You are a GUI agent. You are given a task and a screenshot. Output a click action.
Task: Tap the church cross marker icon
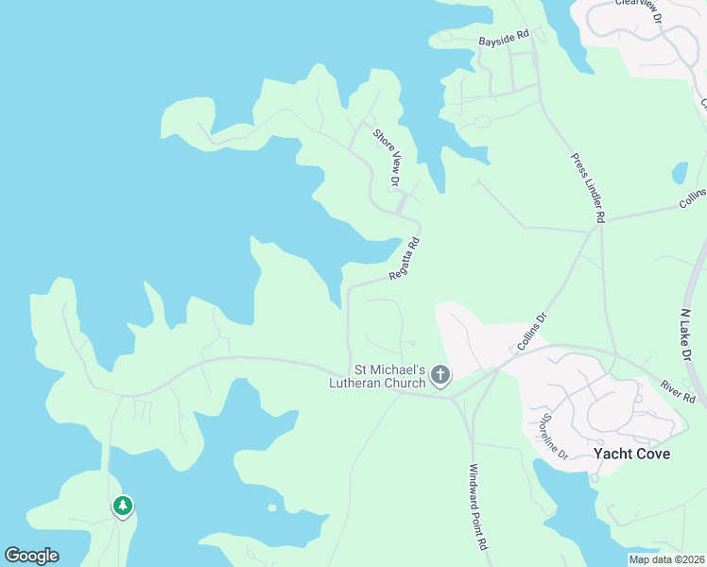click(440, 376)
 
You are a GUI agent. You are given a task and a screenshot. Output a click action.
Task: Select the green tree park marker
click(122, 507)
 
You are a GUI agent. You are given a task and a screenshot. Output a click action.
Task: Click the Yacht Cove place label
click(631, 454)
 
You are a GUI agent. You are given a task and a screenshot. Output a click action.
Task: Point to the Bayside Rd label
click(504, 41)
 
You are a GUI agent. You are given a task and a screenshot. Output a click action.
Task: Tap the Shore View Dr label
click(388, 157)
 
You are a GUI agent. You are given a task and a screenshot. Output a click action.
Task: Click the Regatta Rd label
click(405, 259)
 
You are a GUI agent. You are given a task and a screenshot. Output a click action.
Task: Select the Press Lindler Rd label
click(587, 188)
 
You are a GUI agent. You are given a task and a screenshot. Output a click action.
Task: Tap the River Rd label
click(678, 392)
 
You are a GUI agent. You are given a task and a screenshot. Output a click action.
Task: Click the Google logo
click(31, 556)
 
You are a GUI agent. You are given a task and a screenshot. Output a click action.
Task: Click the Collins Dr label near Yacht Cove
click(532, 333)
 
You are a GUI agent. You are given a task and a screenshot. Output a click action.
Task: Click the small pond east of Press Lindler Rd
click(680, 174)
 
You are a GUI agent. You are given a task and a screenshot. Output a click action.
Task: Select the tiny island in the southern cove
click(272, 507)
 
